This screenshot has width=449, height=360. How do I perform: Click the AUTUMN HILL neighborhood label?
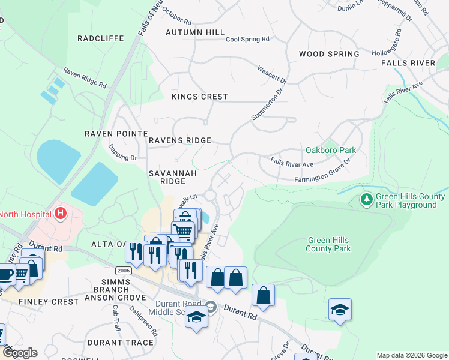tap(195, 32)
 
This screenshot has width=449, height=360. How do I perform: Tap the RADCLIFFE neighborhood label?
tap(101, 38)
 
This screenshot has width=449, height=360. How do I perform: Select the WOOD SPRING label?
tap(329, 54)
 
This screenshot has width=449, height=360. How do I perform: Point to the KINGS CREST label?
tap(200, 97)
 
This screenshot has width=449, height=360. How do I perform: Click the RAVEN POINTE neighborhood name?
tap(116, 133)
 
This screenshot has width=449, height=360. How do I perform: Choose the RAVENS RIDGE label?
tap(180, 140)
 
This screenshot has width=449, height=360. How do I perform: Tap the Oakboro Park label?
tap(331, 150)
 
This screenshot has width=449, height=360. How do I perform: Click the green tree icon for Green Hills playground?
tap(366, 198)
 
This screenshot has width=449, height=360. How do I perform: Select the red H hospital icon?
tap(60, 212)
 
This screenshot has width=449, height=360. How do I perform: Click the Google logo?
tap(19, 353)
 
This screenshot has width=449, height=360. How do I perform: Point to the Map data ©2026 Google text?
tap(411, 355)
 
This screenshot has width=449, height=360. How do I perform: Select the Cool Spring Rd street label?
tap(247, 40)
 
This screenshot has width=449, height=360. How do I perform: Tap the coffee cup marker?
tap(5, 274)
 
